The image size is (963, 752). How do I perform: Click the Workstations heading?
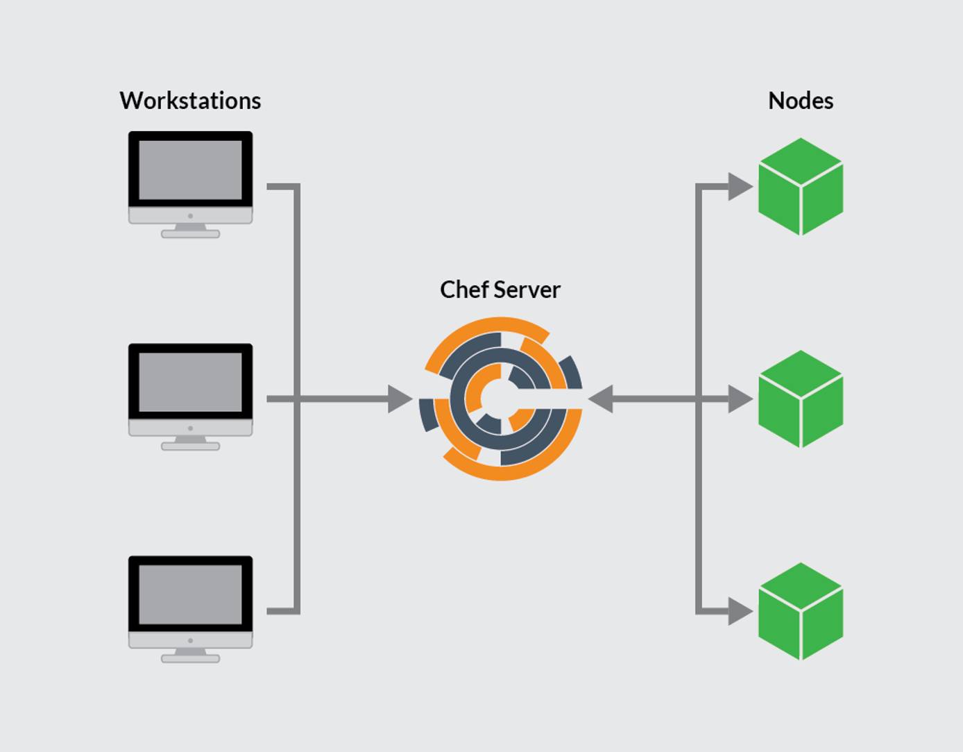click(x=190, y=101)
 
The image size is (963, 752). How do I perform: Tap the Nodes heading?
click(x=800, y=101)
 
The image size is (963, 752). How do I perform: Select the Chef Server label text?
click(x=500, y=290)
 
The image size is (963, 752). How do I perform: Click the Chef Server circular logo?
click(x=500, y=399)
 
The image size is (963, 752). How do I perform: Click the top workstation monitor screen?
click(x=190, y=170)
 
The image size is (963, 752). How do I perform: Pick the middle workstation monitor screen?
click(x=190, y=382)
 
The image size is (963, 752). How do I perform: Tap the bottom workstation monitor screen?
click(x=190, y=594)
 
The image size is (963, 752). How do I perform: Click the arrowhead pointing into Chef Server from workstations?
click(x=400, y=399)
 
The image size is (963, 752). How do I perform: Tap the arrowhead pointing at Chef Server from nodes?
click(x=601, y=399)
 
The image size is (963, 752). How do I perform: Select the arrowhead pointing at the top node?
click(x=740, y=186)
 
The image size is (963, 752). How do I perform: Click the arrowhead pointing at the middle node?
click(x=740, y=399)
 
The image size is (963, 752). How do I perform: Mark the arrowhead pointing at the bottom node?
click(x=740, y=611)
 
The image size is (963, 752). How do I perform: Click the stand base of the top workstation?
click(x=190, y=234)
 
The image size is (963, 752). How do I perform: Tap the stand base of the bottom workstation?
click(x=190, y=658)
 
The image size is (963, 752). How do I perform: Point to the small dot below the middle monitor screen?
click(x=190, y=428)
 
